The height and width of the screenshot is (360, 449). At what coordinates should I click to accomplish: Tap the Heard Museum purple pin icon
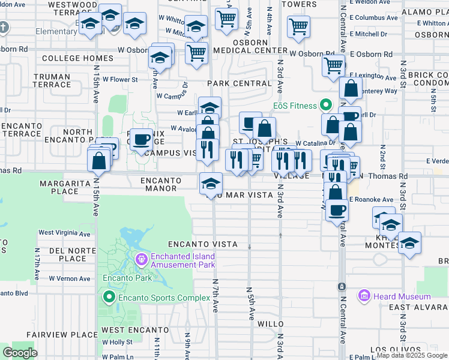pyautogui.click(x=364, y=296)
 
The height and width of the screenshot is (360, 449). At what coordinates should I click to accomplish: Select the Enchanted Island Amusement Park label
pyautogui.click(x=182, y=260)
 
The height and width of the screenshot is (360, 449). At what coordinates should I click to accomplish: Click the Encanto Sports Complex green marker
pyautogui.click(x=109, y=298)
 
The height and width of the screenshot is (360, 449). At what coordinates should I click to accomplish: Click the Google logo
pyautogui.click(x=20, y=353)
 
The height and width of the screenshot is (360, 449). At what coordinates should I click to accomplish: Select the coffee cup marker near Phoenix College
pyautogui.click(x=141, y=140)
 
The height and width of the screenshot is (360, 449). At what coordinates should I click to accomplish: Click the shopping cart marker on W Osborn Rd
pyautogui.click(x=196, y=53)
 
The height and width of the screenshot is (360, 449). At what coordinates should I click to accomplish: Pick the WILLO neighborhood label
pyautogui.click(x=270, y=324)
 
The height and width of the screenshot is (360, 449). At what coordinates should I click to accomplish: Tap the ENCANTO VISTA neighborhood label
pyautogui.click(x=202, y=245)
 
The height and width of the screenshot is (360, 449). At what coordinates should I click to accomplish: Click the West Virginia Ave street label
pyautogui.click(x=64, y=233)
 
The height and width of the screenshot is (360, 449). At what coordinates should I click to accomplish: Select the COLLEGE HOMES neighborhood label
pyautogui.click(x=77, y=58)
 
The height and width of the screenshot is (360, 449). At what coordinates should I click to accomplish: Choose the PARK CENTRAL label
pyautogui.click(x=240, y=83)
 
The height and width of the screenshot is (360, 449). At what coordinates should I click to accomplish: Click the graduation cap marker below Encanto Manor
pyautogui.click(x=211, y=184)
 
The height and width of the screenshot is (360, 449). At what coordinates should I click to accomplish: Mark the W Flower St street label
pyautogui.click(x=119, y=79)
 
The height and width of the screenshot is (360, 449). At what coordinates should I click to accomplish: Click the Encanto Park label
pyautogui.click(x=119, y=278)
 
